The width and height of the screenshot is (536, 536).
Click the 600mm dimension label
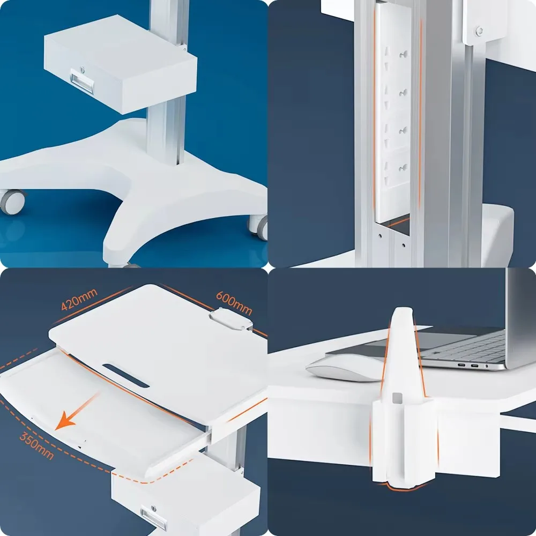coord(234,303)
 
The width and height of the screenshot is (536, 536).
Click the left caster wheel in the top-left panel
coord(13,201)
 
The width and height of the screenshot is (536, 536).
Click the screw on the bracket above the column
coord(479,31)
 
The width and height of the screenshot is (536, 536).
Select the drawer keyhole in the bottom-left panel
coord(154,508)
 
